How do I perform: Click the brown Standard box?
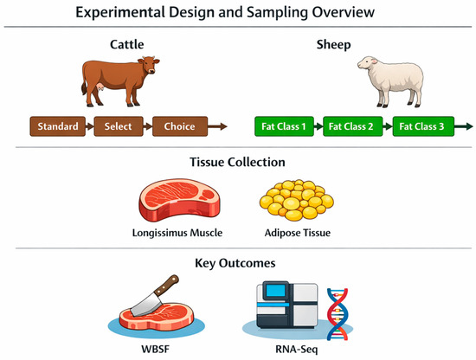point(58,126)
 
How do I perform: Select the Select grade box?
point(119,126)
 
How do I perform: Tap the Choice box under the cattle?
point(180,126)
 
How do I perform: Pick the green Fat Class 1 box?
point(284,126)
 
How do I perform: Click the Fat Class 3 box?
point(423,126)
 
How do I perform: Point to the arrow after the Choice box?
point(217,126)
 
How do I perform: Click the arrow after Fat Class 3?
point(464,126)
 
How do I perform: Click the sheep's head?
point(367,64)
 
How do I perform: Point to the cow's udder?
point(100,87)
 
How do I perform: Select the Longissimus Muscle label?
point(177,233)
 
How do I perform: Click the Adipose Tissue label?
point(298,233)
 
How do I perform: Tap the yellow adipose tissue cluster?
point(296,200)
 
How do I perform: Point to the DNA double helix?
point(338,313)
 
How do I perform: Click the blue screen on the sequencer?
point(275,291)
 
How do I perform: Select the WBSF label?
point(155,349)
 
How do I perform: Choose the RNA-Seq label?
point(296,350)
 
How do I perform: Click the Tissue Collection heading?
point(237,162)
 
